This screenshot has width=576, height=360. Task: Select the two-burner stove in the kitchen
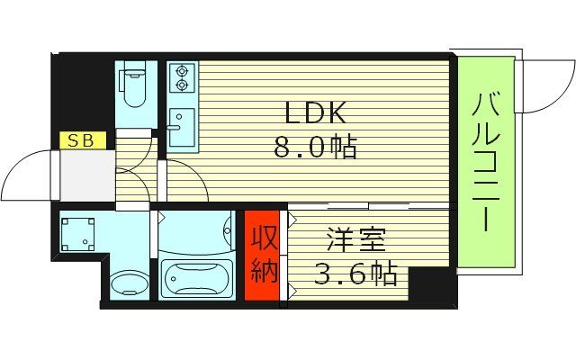point(181,77)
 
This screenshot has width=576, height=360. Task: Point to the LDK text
point(314,112)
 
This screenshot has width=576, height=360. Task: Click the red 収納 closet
point(265,256)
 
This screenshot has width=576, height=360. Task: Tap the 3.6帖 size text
point(355,274)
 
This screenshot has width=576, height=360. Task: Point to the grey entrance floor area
point(85,175)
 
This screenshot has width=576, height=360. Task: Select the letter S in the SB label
point(74,140)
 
